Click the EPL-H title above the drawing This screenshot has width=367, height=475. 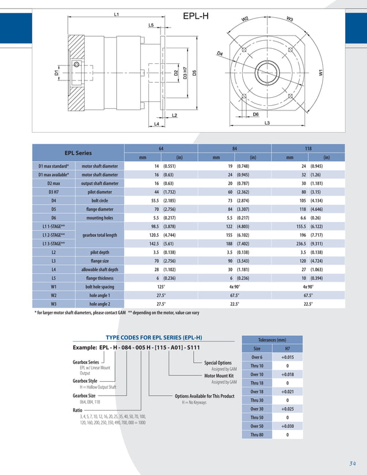point(196,16)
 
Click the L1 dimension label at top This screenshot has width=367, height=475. point(117,14)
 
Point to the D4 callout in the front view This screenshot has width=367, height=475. point(220,53)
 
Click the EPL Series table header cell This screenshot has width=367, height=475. point(78,153)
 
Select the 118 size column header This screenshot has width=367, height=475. point(308,148)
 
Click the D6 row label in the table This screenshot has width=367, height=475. point(53,218)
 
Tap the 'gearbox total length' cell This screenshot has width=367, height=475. point(100,235)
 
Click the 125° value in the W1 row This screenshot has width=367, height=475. point(161,286)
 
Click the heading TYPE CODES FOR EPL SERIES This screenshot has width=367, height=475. point(154,338)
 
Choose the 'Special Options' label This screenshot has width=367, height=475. point(218,363)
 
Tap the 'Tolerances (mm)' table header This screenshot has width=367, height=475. point(272,340)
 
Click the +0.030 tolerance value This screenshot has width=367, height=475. point(288,426)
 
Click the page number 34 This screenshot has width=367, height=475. point(352,463)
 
